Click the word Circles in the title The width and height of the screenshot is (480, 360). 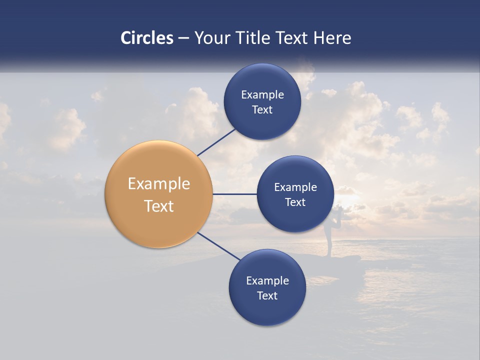click(x=146, y=38)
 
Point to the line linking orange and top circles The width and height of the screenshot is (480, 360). click(x=217, y=142)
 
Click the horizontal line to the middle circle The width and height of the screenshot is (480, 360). click(x=234, y=194)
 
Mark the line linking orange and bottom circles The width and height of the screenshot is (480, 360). click(x=218, y=246)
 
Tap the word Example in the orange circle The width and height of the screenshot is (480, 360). click(x=159, y=184)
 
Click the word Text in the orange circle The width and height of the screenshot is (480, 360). click(x=159, y=206)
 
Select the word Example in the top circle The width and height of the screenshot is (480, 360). click(x=262, y=94)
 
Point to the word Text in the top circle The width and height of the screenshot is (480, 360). click(x=262, y=110)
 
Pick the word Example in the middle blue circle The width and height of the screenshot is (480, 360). click(x=295, y=187)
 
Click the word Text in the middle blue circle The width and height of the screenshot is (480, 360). click(x=295, y=202)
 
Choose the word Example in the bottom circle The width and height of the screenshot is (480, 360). click(x=267, y=280)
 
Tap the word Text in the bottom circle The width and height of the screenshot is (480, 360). click(x=267, y=295)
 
